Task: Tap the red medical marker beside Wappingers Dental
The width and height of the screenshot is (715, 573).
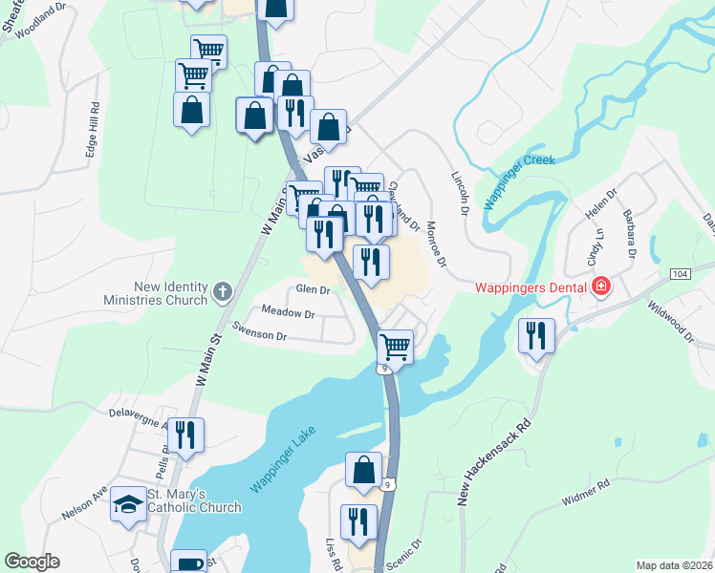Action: pyautogui.click(x=601, y=286)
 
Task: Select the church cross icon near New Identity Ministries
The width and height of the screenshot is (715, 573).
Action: pyautogui.click(x=222, y=291)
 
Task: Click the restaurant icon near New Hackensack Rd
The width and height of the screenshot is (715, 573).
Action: pyautogui.click(x=536, y=335)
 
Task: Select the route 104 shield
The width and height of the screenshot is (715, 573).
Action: pyautogui.click(x=680, y=274)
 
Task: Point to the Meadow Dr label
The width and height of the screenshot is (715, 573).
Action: pyautogui.click(x=288, y=313)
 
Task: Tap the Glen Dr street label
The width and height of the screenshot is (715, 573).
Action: pyautogui.click(x=313, y=289)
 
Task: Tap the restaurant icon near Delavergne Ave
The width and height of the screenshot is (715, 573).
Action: pyautogui.click(x=186, y=435)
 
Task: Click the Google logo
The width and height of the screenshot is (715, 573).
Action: pyautogui.click(x=32, y=562)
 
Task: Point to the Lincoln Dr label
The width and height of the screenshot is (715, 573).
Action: pyautogui.click(x=461, y=190)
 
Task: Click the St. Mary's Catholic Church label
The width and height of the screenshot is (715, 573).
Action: pyautogui.click(x=194, y=500)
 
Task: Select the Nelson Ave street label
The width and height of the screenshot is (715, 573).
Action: pyautogui.click(x=84, y=504)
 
